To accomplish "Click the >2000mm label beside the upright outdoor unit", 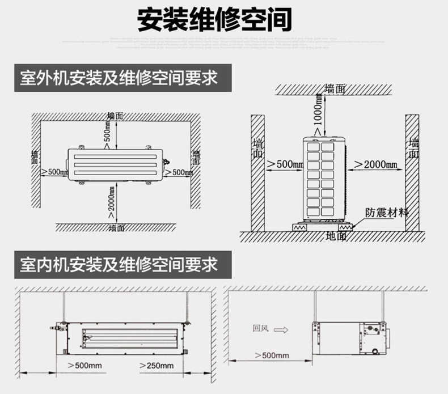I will (375, 164).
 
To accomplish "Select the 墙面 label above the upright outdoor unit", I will (335, 89).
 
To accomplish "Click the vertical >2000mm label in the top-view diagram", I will (112, 204).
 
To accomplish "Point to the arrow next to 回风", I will (285, 329).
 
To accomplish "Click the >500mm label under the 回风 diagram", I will (272, 355).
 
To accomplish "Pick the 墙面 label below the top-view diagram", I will (117, 227).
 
